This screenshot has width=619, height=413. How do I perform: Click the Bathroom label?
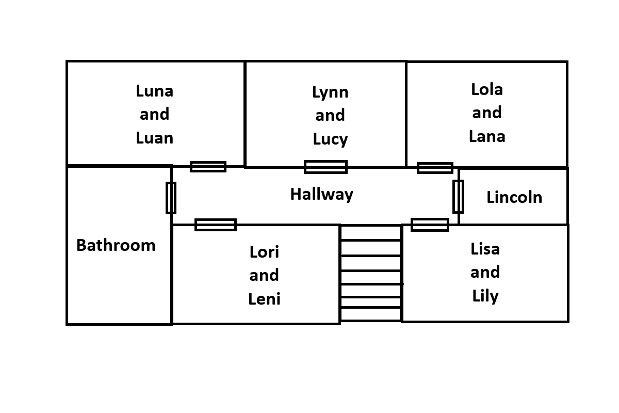(x=116, y=245)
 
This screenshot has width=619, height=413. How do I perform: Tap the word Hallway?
(x=321, y=195)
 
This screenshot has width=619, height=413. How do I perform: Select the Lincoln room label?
(x=514, y=197)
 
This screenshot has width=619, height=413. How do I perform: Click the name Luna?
(x=154, y=91)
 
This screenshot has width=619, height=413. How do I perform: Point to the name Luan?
(x=154, y=138)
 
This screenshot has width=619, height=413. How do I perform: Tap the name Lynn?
(x=330, y=92)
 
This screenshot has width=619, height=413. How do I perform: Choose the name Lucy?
(x=330, y=139)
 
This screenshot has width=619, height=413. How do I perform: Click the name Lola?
(x=486, y=89)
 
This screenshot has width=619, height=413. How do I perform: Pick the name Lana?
(x=486, y=136)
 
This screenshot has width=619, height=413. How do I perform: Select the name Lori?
(x=264, y=252)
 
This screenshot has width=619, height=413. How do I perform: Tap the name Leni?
(x=264, y=298)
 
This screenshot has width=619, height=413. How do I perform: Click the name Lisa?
(x=485, y=249)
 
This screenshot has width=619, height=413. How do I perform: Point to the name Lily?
(x=485, y=296)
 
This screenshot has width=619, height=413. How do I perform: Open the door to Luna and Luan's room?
(x=208, y=167)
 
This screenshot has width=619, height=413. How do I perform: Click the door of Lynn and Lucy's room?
(x=325, y=167)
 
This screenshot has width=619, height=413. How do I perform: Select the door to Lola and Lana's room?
(x=435, y=168)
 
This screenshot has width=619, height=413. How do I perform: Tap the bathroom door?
(x=171, y=198)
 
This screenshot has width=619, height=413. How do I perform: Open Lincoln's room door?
(x=458, y=197)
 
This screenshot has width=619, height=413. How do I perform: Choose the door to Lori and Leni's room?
(x=216, y=225)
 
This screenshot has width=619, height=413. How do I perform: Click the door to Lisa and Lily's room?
(x=430, y=225)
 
